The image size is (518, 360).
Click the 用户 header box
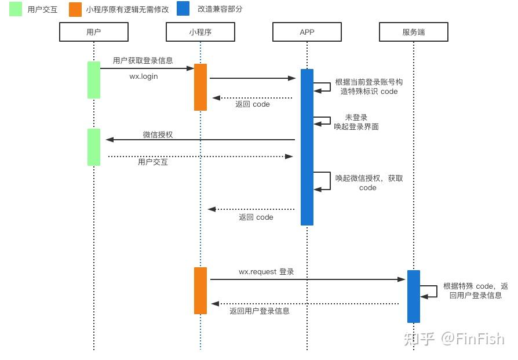point(94,32)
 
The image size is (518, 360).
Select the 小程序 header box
point(200,32)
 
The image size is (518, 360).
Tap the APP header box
point(307,32)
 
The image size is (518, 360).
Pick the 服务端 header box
point(414,32)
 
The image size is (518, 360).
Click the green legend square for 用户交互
point(16,9)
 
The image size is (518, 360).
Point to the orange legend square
point(75,9)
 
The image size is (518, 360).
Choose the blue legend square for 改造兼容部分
point(183,9)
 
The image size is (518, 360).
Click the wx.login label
point(144,77)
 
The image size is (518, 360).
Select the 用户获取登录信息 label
point(143,60)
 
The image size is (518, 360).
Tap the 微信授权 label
point(158,134)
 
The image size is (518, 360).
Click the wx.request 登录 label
point(267,272)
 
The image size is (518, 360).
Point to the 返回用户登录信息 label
point(260,311)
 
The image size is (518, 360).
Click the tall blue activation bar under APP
point(307,147)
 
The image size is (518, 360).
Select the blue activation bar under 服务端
point(414,296)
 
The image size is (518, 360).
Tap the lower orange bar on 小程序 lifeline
point(200,290)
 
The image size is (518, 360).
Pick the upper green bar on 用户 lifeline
point(94,80)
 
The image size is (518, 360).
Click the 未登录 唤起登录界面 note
point(356,122)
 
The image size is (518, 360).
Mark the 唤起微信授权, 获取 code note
point(369,183)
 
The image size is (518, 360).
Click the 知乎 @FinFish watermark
point(454,339)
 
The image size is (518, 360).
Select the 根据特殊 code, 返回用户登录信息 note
point(475,290)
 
